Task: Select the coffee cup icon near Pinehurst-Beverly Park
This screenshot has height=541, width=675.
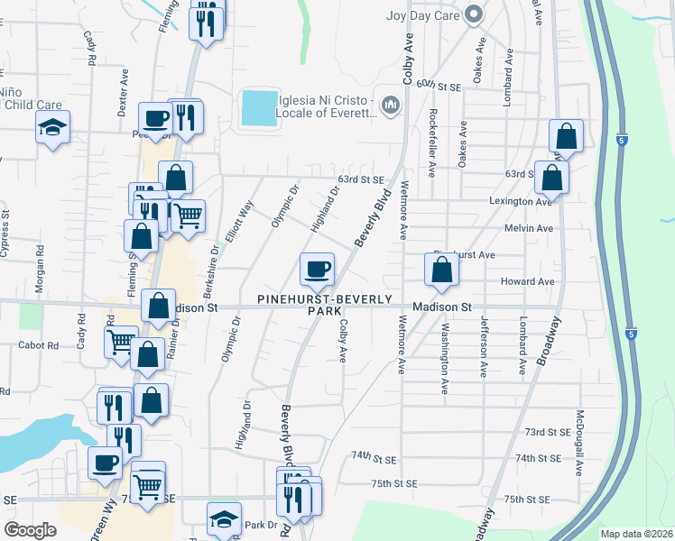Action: (x=317, y=269)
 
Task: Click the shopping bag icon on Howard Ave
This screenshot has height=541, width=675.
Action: (x=441, y=270)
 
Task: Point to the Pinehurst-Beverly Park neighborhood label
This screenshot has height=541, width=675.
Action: (x=325, y=304)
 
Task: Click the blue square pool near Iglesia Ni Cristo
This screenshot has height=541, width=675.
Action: (x=260, y=108)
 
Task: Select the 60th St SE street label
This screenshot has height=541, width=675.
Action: (x=439, y=84)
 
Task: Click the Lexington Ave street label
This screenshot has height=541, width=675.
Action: (x=521, y=201)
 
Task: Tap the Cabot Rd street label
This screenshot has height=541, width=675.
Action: (x=40, y=345)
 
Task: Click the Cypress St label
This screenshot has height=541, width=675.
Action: (x=5, y=234)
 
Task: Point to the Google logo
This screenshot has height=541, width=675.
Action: (x=30, y=530)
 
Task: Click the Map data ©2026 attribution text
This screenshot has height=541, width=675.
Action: (x=636, y=534)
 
